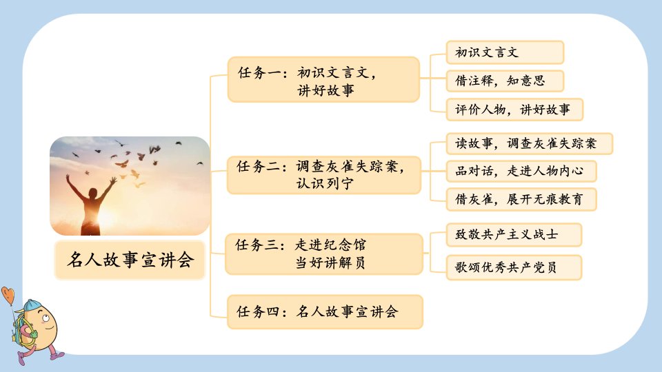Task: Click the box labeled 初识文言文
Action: click(x=505, y=52)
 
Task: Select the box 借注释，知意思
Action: click(x=505, y=81)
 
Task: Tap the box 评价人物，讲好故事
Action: click(x=514, y=110)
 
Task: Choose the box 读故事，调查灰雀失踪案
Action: click(x=530, y=143)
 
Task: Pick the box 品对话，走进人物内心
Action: click(x=521, y=171)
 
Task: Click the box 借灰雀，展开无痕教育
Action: click(x=521, y=199)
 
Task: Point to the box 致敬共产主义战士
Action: click(x=514, y=234)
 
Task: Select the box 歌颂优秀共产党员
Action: click(x=514, y=267)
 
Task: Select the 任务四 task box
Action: click(x=325, y=311)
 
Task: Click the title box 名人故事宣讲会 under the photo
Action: click(x=130, y=260)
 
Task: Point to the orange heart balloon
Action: click(x=8, y=295)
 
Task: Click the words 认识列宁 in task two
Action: click(x=325, y=183)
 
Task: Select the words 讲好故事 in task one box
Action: click(x=326, y=90)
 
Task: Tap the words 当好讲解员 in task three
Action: click(x=330, y=262)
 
